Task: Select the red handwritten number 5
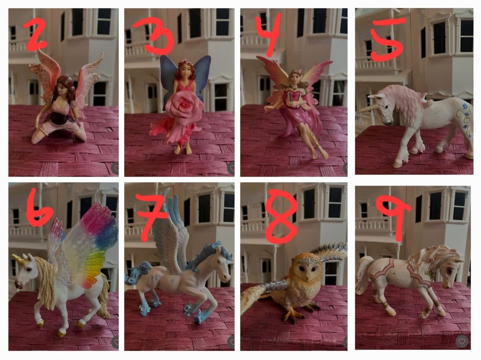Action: coord(387,39)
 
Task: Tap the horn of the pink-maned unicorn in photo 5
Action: coord(369,108)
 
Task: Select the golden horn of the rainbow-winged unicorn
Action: coord(19,259)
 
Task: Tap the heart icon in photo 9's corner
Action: coord(461,341)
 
